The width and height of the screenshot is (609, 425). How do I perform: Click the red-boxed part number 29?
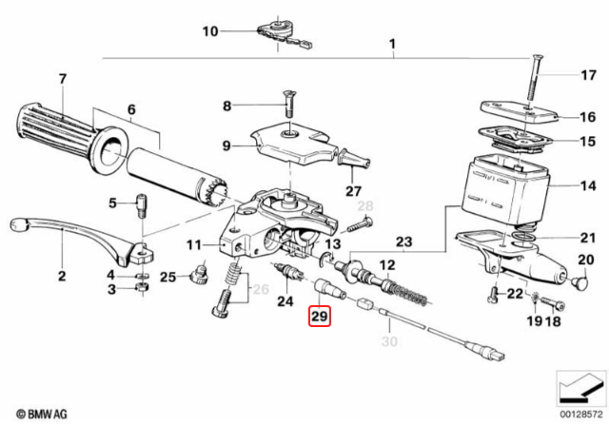[318, 316]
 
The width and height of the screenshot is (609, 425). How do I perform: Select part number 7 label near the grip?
[63, 78]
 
